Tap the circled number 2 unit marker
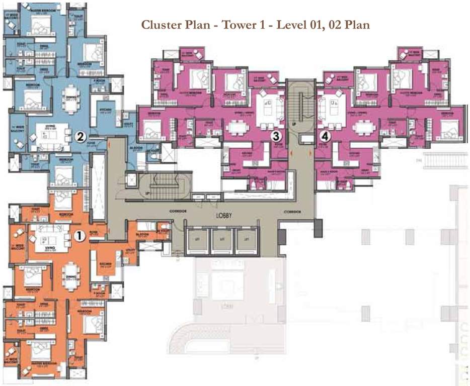[80, 136]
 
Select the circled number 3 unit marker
[275, 136]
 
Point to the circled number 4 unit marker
[326, 136]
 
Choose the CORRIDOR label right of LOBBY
[292, 212]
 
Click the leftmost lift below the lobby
[195, 240]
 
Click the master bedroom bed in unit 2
[38, 23]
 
